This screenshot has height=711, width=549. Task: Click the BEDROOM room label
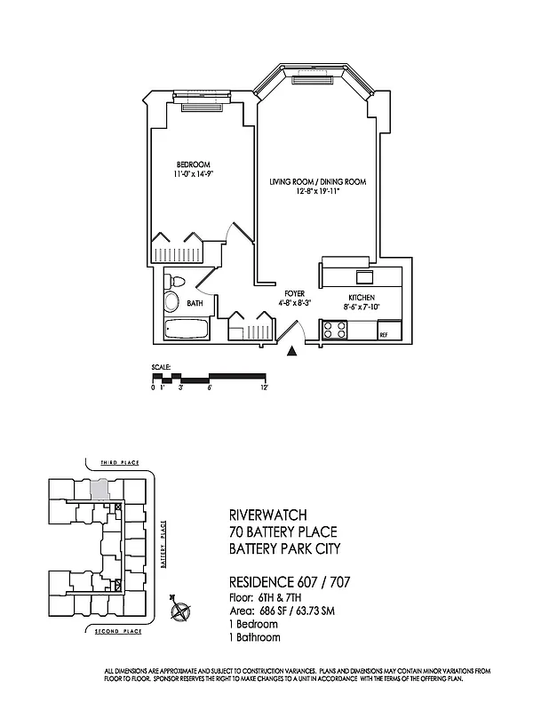[x=193, y=164]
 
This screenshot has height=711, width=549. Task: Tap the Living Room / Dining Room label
[x=318, y=181]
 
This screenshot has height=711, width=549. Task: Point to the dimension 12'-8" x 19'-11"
[x=318, y=192]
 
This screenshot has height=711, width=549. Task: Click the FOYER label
[x=294, y=293]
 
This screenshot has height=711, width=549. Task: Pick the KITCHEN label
[x=361, y=297]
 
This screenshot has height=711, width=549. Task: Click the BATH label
[x=195, y=303]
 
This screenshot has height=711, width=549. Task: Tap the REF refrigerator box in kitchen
[x=384, y=334]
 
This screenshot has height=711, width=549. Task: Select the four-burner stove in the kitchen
[x=336, y=331]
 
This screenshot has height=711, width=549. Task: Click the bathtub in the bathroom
[x=187, y=331]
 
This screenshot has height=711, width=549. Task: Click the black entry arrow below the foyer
[x=292, y=352]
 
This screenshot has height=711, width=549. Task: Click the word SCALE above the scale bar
[x=160, y=367]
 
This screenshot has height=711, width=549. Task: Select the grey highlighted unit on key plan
[x=102, y=487]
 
